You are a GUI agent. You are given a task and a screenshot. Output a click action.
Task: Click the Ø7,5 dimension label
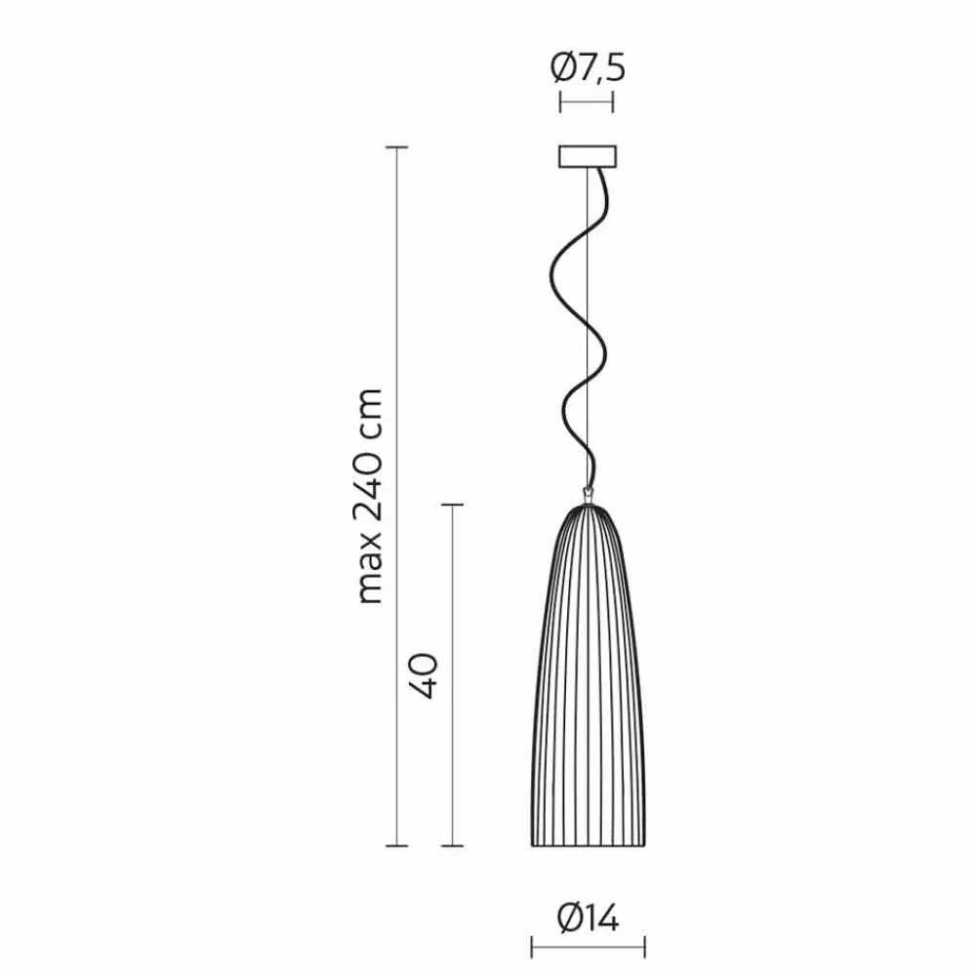click(x=588, y=67)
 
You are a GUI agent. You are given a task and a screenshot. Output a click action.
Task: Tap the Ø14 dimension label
click(x=589, y=918)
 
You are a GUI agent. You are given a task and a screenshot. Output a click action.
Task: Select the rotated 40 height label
click(x=424, y=675)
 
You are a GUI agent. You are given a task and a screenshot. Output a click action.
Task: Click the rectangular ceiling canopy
click(x=588, y=157)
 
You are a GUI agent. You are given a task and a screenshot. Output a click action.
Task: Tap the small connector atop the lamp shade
click(x=587, y=496)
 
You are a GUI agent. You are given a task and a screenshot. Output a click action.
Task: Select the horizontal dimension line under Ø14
click(x=589, y=947)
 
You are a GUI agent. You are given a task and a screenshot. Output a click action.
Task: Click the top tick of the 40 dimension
click(x=453, y=505)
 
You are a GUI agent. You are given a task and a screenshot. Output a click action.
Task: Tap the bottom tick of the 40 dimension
click(x=453, y=846)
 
